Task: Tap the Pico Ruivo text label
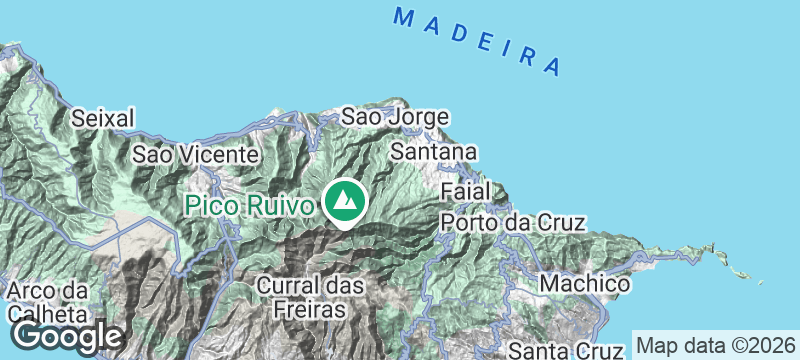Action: click(251, 206)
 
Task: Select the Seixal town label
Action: click(103, 118)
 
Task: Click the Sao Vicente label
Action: click(196, 155)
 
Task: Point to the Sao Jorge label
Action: click(395, 117)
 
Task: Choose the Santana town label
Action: click(433, 152)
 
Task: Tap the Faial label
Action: click(465, 190)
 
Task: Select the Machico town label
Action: click(585, 284)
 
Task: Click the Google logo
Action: click(68, 335)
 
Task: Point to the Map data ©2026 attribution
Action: click(716, 345)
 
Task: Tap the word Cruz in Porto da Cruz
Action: click(560, 222)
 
